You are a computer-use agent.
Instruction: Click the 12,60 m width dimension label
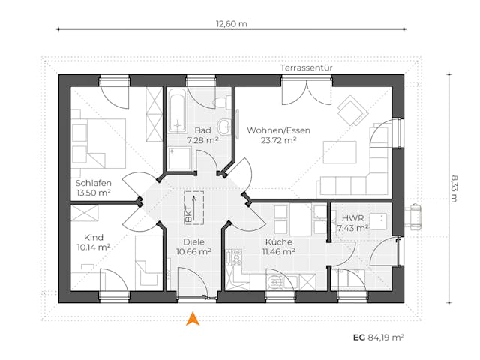[x=231, y=23]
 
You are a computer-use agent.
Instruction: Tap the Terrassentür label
[x=307, y=67]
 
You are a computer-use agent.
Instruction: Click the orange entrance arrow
[x=193, y=319]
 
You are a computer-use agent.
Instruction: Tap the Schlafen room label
[x=94, y=183]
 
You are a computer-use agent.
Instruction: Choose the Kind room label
[x=85, y=235]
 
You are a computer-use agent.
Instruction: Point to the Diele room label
[x=193, y=241]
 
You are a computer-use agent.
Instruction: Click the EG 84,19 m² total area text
[x=378, y=337]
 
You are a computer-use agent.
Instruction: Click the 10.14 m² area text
[x=94, y=246]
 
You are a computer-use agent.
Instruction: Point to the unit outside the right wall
[x=413, y=214]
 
